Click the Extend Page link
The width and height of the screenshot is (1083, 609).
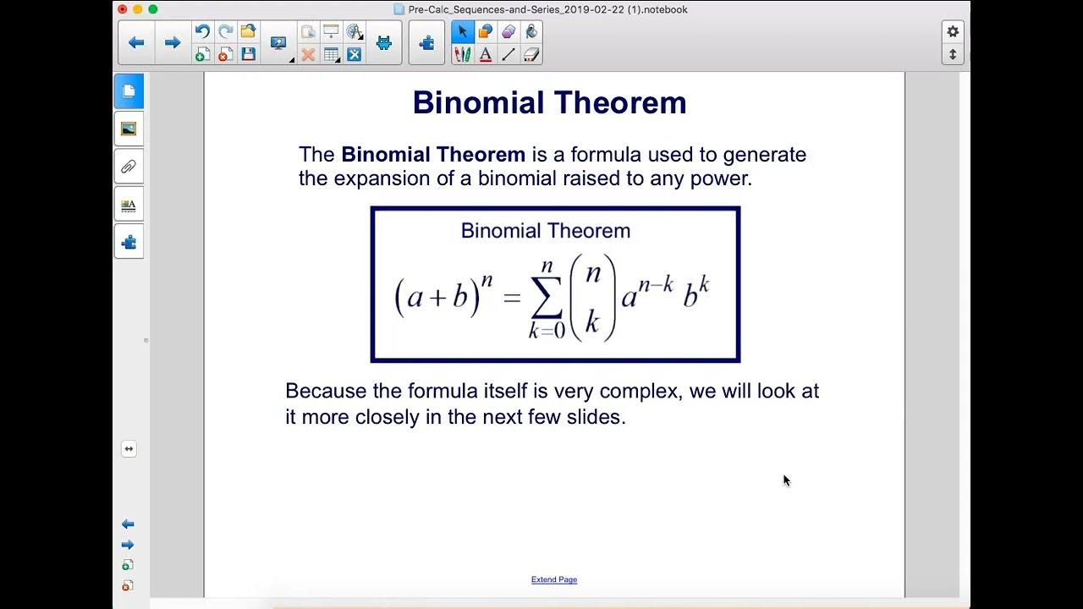tap(554, 579)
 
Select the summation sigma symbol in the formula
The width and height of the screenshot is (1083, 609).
tap(547, 296)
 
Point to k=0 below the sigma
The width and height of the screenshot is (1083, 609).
tap(547, 332)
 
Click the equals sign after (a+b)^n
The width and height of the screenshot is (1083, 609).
tap(511, 299)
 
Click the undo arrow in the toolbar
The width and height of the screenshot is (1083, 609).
tap(202, 32)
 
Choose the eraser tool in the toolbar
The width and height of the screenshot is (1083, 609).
tap(531, 55)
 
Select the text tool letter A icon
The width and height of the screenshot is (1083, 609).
tap(486, 55)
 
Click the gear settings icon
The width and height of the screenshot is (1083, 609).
tap(953, 31)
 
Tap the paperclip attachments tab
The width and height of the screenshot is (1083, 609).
tap(129, 167)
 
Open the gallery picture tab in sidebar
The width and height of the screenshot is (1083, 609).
tap(129, 129)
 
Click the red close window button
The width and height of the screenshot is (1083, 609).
tap(123, 9)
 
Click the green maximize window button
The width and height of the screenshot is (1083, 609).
tap(153, 9)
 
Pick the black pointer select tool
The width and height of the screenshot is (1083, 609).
tap(462, 32)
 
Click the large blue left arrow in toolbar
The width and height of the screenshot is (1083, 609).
tap(136, 42)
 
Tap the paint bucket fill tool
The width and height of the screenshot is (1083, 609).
tap(531, 32)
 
